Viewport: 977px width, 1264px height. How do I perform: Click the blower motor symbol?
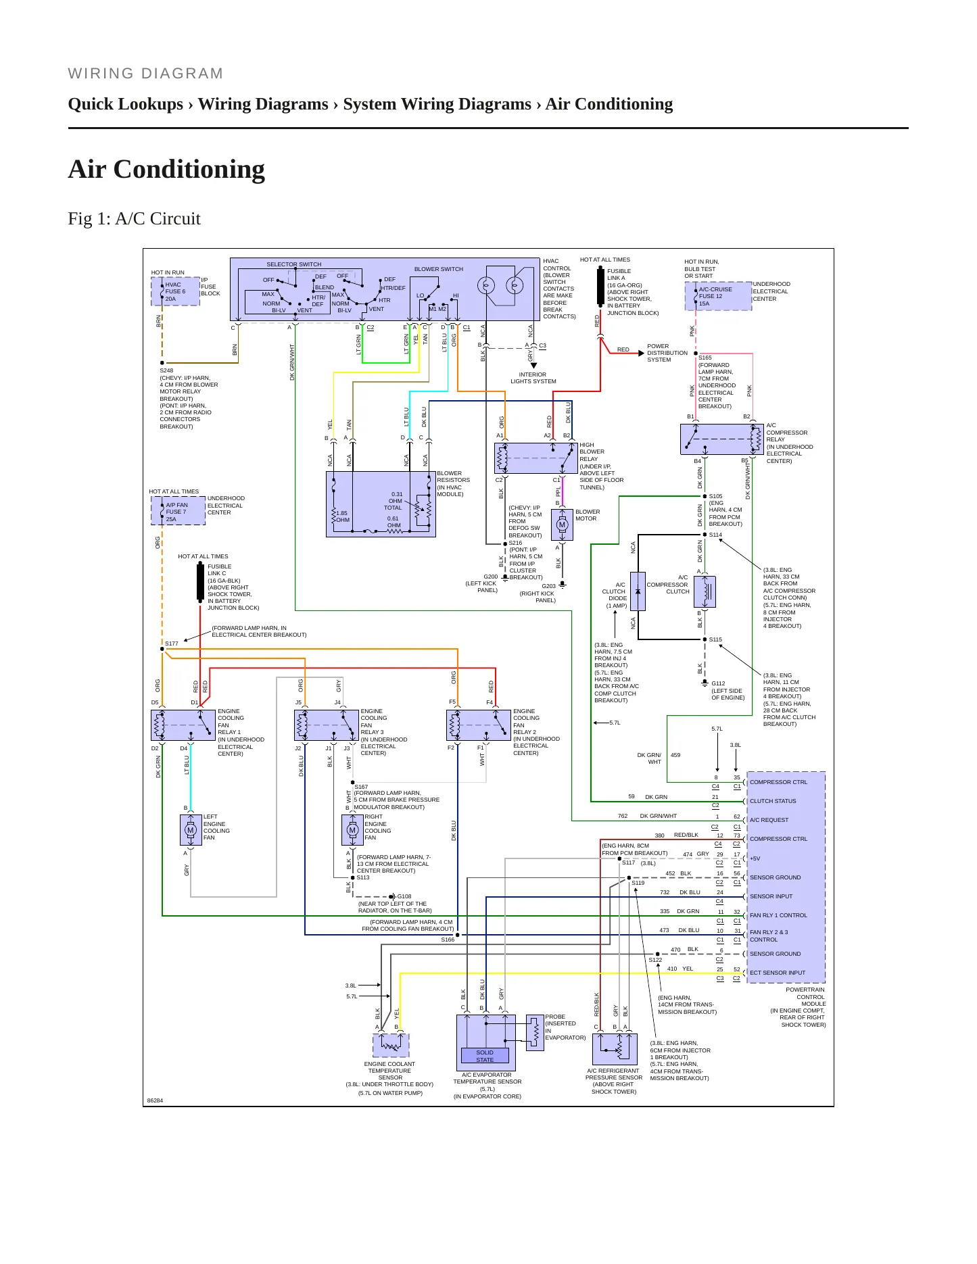point(562,525)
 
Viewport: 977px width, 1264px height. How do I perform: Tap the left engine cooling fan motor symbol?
point(191,830)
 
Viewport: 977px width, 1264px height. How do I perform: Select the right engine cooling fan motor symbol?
point(352,830)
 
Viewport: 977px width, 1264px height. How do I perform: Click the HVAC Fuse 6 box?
point(176,291)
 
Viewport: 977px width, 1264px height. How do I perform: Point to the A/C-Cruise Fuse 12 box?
point(718,296)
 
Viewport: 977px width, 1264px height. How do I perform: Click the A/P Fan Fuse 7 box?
point(178,512)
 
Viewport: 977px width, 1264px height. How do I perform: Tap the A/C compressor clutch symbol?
point(705,592)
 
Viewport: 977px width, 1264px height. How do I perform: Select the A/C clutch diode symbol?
point(638,592)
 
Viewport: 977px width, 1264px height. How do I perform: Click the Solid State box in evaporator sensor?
point(485,1056)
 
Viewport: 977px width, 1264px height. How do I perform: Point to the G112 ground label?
point(718,683)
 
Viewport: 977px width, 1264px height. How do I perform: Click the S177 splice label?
point(172,643)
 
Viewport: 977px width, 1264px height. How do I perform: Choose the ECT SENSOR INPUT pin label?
point(778,973)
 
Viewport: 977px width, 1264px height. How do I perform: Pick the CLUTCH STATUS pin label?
point(773,801)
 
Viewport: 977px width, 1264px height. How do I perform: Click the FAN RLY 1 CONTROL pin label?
point(778,915)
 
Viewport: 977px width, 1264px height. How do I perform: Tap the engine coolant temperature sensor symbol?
point(391,1045)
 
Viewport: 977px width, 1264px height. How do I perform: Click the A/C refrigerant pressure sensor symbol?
point(615,1049)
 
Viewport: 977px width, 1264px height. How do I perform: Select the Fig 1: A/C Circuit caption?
point(135,218)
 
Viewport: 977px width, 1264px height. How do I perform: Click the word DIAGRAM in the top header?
point(183,73)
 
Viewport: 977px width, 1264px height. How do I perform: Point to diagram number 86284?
point(155,1100)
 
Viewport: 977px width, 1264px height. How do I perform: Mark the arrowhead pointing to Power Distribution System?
point(641,353)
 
